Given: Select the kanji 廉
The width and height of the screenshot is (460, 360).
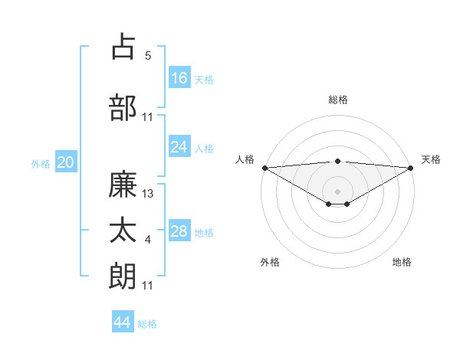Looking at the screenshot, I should [x=123, y=185].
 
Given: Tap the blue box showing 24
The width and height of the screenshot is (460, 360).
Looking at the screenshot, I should [x=179, y=147].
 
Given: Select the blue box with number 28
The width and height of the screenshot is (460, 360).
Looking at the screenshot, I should [x=179, y=231].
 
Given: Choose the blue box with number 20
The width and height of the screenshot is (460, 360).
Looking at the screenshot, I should [x=66, y=162].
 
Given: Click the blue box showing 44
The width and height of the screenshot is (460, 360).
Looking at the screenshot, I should [x=123, y=322].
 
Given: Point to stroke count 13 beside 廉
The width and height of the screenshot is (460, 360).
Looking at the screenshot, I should [x=148, y=194].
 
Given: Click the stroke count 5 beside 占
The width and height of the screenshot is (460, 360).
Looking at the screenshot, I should [x=148, y=56].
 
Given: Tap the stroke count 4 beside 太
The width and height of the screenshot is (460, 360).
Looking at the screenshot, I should [x=148, y=241].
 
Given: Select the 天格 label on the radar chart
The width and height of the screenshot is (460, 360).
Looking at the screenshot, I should [x=431, y=159].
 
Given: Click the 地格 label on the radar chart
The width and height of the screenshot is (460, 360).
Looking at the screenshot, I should [x=402, y=262].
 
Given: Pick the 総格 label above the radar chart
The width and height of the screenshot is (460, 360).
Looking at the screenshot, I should [x=337, y=100].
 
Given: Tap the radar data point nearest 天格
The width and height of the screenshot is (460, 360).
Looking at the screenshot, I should [x=411, y=168].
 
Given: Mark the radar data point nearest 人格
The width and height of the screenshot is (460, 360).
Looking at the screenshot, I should [x=264, y=168].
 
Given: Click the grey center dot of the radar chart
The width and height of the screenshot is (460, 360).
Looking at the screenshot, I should [x=337, y=190].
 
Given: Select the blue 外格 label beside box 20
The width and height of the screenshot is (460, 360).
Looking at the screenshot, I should [x=41, y=163].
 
